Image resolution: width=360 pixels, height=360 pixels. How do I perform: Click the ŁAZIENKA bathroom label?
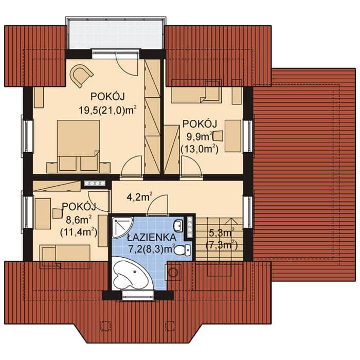(x=152, y=238)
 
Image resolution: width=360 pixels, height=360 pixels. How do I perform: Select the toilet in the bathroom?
(x=183, y=250)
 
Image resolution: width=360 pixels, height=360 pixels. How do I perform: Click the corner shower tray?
(x=122, y=227)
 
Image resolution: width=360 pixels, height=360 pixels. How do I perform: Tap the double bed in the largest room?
(x=78, y=146)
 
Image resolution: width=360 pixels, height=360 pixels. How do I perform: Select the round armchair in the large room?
(x=81, y=75)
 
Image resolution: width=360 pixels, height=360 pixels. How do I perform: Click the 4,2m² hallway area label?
(x=139, y=197)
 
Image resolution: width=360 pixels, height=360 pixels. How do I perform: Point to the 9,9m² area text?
(x=199, y=137)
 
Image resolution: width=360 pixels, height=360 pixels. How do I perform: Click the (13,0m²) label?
(x=200, y=149)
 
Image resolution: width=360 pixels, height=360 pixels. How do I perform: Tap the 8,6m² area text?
(x=79, y=220)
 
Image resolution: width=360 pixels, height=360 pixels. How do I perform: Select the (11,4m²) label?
(x=79, y=232)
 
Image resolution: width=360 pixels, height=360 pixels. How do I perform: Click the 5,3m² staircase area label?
(x=222, y=233)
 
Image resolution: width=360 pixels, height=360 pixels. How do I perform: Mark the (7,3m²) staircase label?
(x=222, y=245)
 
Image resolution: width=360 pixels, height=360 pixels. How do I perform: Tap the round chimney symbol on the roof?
(x=173, y=272)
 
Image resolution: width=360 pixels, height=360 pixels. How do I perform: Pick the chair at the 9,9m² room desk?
(x=219, y=136)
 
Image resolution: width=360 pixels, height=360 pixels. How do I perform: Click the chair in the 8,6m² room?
(x=58, y=213)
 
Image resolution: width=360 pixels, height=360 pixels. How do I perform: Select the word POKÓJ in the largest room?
(x=107, y=97)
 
